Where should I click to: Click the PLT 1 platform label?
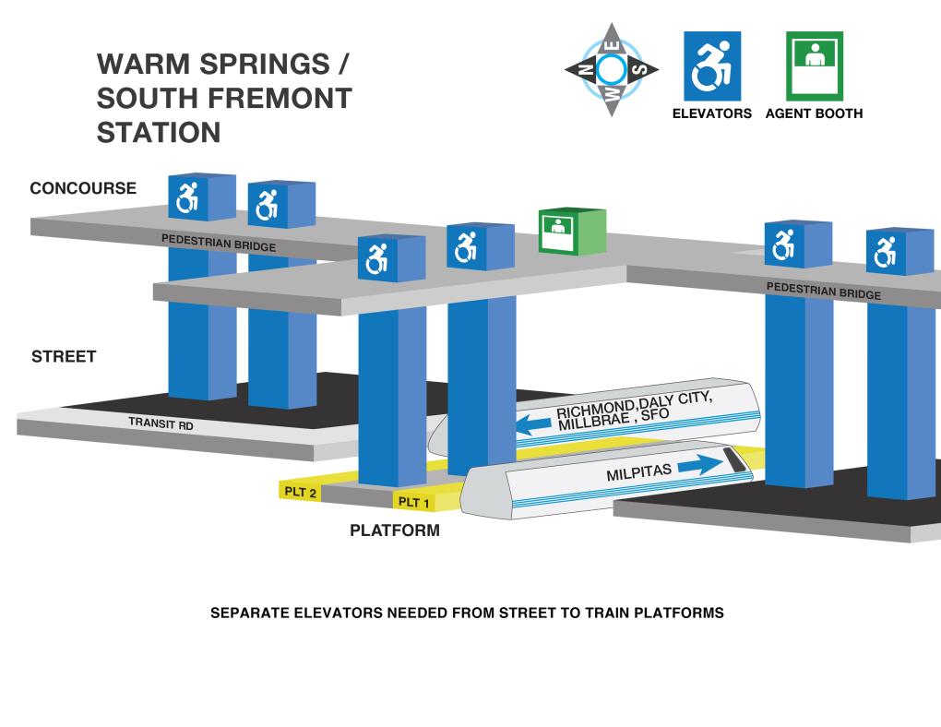point(413,502)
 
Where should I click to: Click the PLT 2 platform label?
point(300,492)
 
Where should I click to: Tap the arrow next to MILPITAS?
point(700,465)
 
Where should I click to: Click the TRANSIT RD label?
point(161,423)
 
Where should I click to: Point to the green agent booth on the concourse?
point(572,232)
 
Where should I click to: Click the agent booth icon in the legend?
point(815,66)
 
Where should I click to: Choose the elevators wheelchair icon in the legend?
point(712,66)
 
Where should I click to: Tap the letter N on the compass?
point(586,70)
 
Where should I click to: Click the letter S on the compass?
point(639,69)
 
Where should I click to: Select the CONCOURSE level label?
point(83,188)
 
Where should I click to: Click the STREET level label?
point(64,357)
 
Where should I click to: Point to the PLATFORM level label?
point(395,530)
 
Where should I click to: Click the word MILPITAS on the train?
point(638,472)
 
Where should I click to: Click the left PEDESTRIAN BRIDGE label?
point(219,243)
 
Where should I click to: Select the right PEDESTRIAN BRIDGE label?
point(823,291)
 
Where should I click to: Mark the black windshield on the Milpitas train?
point(734,459)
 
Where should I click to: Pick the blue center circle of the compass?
point(612,69)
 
